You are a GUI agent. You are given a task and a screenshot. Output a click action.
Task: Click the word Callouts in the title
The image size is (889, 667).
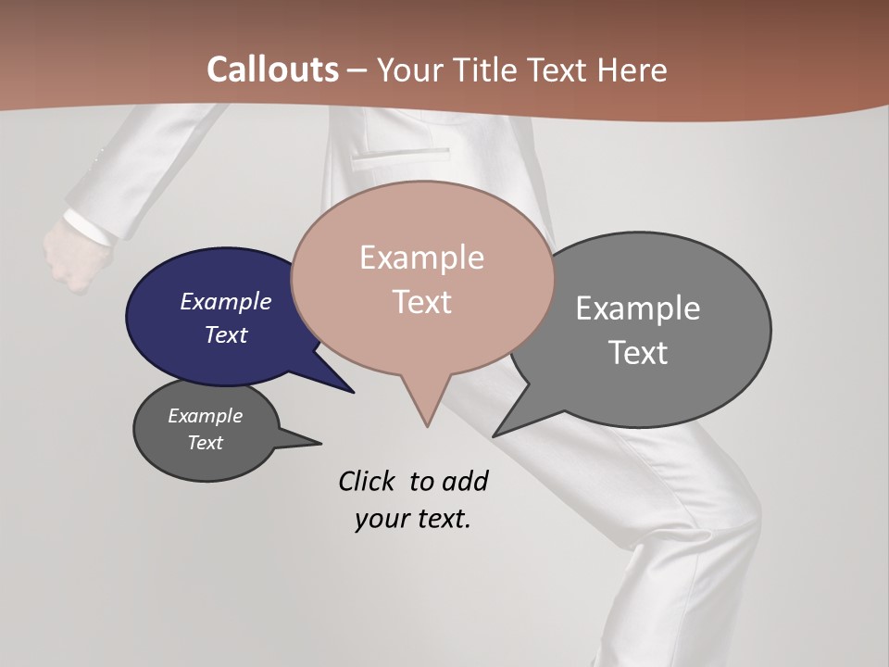[x=272, y=69]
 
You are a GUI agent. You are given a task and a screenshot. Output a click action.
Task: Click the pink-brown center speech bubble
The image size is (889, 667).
[x=422, y=278]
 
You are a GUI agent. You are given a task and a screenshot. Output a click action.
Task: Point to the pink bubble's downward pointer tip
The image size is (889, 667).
[x=427, y=425]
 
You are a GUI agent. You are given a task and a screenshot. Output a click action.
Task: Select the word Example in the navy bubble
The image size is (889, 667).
[x=226, y=302]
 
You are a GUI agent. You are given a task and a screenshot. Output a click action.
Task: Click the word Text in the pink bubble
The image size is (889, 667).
[x=422, y=302]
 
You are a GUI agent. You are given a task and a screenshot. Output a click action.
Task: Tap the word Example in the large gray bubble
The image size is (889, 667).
[x=638, y=308]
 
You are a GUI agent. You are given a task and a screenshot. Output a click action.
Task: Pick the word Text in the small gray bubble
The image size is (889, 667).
[x=206, y=443]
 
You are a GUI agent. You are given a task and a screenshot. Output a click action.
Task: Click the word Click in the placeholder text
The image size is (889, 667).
[x=367, y=481]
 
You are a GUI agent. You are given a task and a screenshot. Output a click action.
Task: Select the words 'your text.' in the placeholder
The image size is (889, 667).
[x=413, y=519]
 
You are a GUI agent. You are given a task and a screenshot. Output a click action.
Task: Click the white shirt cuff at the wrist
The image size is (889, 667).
[x=89, y=228]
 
